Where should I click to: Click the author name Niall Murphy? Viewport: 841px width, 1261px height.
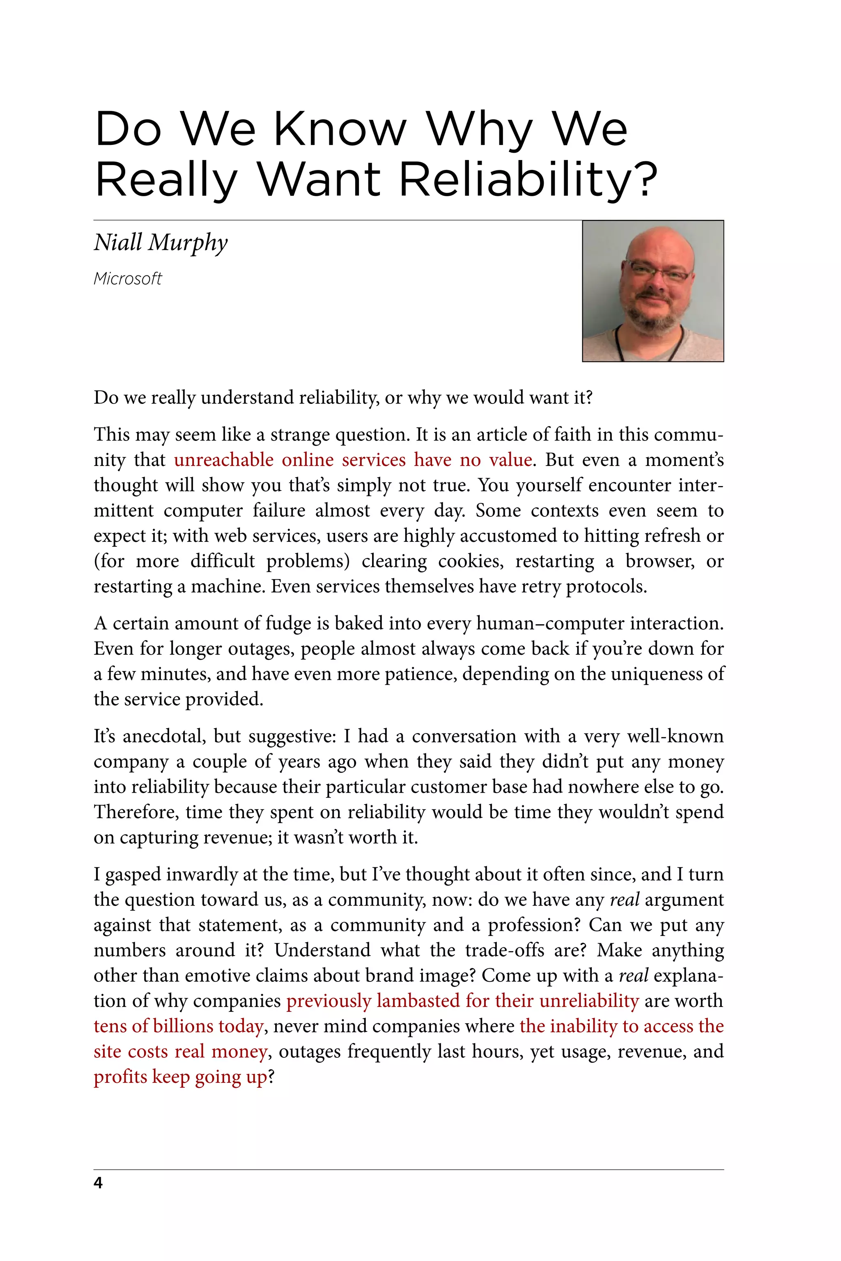[x=161, y=242]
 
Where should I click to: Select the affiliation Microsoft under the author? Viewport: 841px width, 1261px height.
[x=127, y=279]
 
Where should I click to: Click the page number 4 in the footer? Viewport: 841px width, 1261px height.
[x=98, y=1182]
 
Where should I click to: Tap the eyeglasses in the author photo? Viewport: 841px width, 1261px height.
[x=659, y=271]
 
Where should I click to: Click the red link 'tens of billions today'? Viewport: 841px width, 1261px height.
[x=179, y=1026]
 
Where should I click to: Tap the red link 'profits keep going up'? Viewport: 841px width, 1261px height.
[x=180, y=1077]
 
